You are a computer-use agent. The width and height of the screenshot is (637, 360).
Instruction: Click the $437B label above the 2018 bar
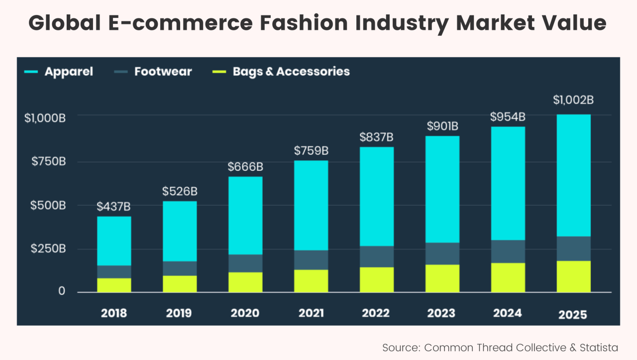point(114,206)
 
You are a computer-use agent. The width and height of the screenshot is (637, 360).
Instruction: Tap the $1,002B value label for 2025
point(573,100)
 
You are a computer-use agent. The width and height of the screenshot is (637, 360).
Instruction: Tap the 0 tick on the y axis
point(62,291)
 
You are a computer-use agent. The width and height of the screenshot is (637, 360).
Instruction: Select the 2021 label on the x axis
point(311,313)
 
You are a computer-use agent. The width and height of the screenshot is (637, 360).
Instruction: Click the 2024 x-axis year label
point(508,313)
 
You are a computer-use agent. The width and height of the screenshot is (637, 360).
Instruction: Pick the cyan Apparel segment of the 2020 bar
point(245,215)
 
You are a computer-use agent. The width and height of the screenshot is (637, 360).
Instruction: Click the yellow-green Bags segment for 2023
point(442,278)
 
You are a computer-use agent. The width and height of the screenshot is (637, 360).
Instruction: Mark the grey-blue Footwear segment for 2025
point(573,248)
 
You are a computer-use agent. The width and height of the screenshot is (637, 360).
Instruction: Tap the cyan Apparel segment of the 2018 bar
point(114,241)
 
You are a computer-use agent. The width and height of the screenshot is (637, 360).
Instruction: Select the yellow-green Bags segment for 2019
point(180,284)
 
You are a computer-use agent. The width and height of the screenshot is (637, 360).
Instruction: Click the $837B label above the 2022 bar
point(377,137)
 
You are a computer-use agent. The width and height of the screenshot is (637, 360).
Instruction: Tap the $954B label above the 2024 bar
point(508,117)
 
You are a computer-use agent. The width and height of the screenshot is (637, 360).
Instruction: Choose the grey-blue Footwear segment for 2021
point(311,259)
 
